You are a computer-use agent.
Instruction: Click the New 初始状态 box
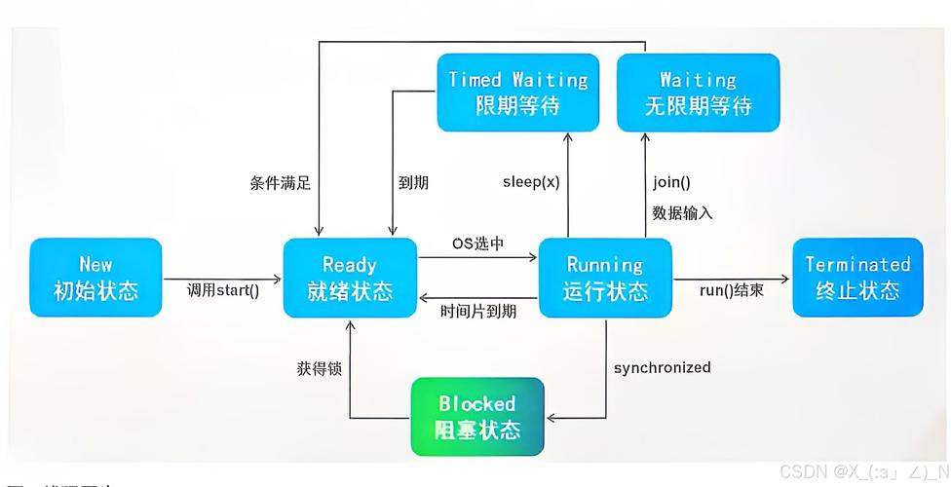click(x=95, y=278)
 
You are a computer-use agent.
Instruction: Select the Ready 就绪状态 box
click(x=350, y=278)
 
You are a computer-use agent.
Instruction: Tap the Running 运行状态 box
click(x=604, y=278)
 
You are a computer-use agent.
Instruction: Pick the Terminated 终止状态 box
click(x=857, y=278)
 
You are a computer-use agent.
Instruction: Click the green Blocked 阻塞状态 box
click(x=477, y=417)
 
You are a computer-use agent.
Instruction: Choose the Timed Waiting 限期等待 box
click(x=517, y=93)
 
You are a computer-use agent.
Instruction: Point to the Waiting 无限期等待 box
click(x=698, y=93)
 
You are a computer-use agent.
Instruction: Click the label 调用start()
click(x=224, y=290)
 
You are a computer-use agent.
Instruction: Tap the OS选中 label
click(x=477, y=243)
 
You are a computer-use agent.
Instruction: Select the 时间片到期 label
click(x=478, y=311)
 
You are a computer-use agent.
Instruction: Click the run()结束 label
click(x=732, y=290)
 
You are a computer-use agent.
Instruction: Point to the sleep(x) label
click(x=531, y=182)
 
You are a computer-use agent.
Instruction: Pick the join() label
click(x=670, y=182)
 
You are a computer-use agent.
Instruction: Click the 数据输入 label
click(x=682, y=212)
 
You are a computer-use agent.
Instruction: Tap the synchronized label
click(x=662, y=367)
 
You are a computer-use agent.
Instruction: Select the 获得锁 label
click(x=319, y=368)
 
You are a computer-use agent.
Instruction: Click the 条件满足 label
click(x=280, y=182)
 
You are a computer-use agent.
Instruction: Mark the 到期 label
click(x=413, y=182)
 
